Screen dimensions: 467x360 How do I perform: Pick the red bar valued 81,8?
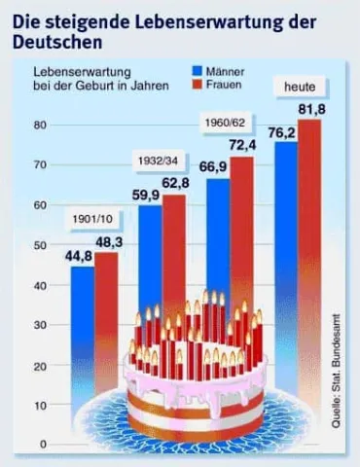310,243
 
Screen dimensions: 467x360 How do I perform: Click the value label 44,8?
80,256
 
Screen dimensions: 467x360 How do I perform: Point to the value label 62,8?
175,184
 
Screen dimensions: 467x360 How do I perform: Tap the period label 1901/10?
91,219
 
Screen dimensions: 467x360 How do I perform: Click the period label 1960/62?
224,124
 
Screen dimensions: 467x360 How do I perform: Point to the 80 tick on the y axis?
41,126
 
